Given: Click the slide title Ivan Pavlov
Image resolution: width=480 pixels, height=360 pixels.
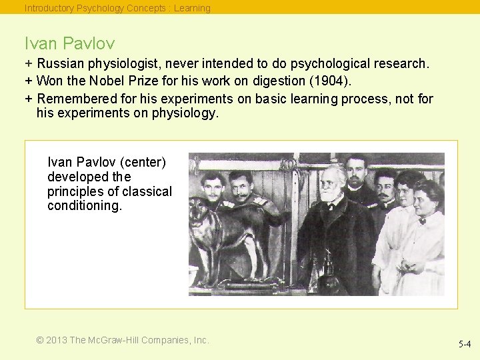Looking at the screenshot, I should point(69,44).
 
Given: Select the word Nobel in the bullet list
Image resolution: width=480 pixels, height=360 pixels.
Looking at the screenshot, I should point(104,81).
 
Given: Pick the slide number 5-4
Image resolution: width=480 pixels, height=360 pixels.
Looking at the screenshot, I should point(464,345).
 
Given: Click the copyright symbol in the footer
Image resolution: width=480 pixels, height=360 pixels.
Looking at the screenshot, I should point(40,340).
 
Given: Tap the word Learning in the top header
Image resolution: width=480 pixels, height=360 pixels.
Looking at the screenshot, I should point(192,8).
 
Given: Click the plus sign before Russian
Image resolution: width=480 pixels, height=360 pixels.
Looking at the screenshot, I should point(29,64).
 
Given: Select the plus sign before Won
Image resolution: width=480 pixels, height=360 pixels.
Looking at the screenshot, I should point(29,81).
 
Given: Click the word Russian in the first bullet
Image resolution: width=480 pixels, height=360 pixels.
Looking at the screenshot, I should point(58,64).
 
